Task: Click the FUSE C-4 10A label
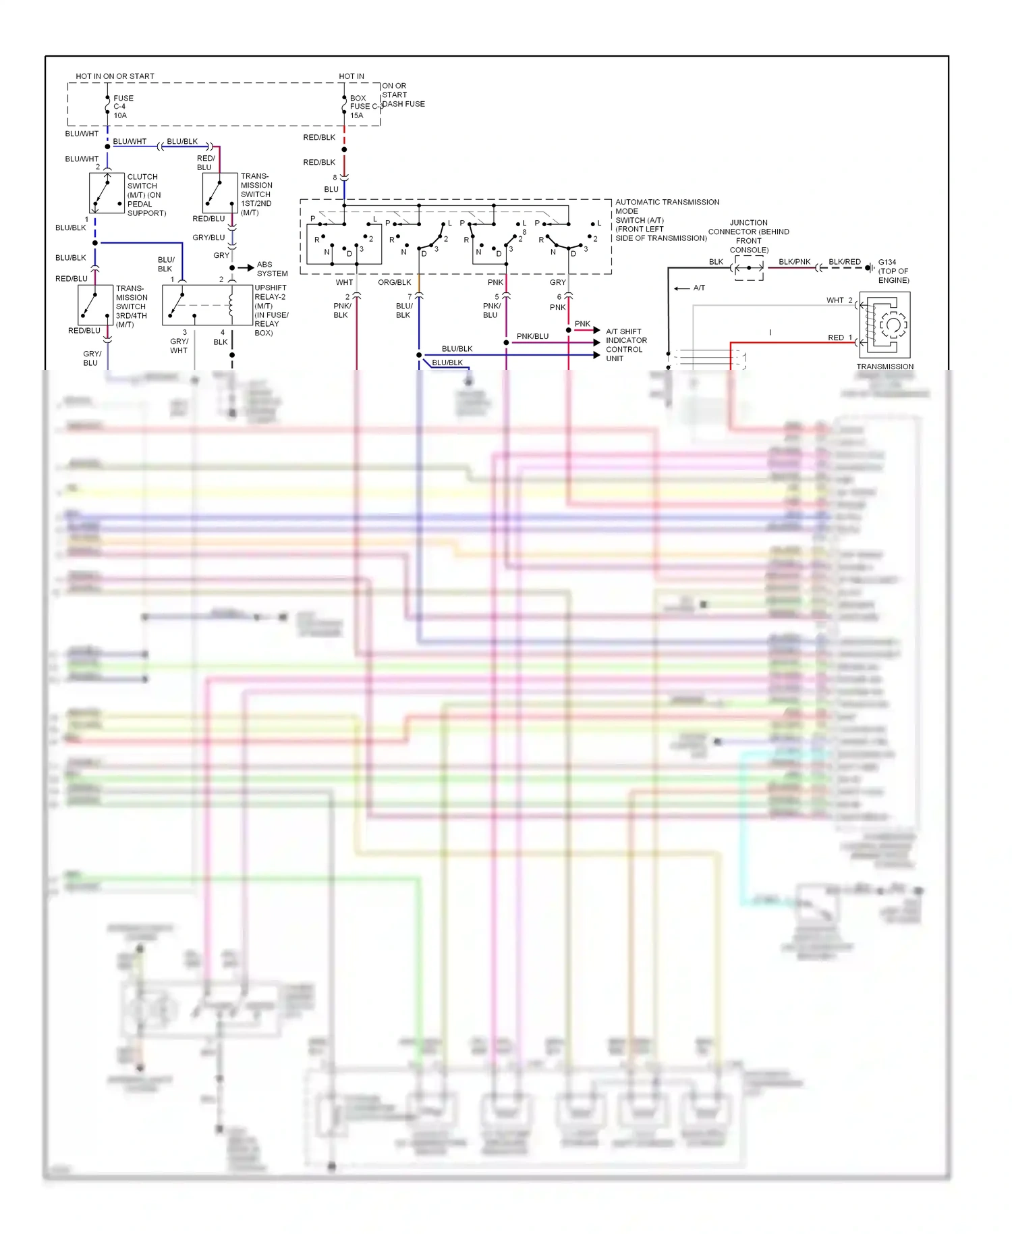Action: tap(123, 107)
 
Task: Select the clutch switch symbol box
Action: tap(107, 193)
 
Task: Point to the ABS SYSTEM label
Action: tap(272, 269)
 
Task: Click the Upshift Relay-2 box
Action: tap(207, 305)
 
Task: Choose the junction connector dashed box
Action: tap(749, 268)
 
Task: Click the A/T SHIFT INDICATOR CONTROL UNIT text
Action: tap(625, 345)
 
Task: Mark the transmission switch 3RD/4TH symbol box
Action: tap(95, 306)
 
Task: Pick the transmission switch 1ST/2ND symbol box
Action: tap(220, 193)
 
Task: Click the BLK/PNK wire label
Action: tap(794, 262)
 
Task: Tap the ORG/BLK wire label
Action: tap(394, 282)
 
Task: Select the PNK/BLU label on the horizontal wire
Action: tap(532, 336)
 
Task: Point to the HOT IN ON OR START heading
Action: tap(115, 76)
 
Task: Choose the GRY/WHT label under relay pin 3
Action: tap(179, 346)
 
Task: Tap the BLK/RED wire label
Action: tap(844, 262)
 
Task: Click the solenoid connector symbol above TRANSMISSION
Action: tap(885, 325)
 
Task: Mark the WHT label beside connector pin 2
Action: tap(835, 300)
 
